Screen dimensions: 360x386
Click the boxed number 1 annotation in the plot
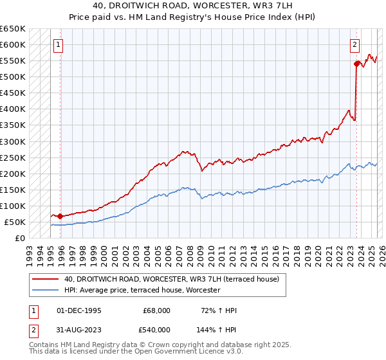59,45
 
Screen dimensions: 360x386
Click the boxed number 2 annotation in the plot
354,45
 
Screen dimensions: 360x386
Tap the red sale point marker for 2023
356,64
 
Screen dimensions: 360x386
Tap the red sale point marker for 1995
60,216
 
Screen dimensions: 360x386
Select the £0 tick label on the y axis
19,238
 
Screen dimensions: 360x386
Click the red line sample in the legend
46,280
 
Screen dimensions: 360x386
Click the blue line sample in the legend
46,291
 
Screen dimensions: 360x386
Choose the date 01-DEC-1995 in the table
79,310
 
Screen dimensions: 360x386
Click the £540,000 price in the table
156,329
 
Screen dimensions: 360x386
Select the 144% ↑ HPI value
217,329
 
